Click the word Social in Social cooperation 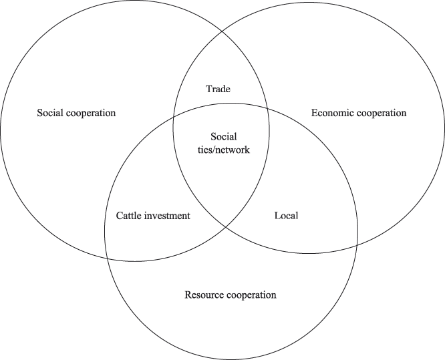(x=49, y=113)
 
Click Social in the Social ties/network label (x=220, y=138)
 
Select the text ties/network (x=220, y=150)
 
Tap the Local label (x=286, y=216)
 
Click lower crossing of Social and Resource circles (x=108, y=258)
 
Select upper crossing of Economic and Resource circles (x=267, y=110)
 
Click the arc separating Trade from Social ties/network (x=220, y=104)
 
